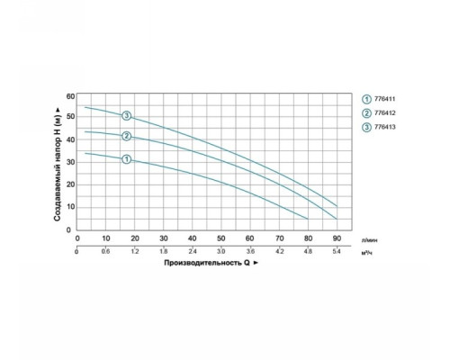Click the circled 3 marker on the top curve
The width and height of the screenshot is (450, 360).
(127, 115)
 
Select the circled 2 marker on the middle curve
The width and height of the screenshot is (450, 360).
(127, 136)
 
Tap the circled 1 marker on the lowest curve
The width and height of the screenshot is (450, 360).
(127, 159)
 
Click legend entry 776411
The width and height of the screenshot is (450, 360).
(379, 99)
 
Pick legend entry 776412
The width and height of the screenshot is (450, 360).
(379, 113)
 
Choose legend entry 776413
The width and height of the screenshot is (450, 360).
(379, 127)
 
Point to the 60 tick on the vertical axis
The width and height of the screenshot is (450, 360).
(70, 96)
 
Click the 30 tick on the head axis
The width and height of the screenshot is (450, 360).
(70, 162)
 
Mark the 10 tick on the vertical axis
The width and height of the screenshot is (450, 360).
(70, 207)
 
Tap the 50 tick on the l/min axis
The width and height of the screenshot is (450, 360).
(220, 238)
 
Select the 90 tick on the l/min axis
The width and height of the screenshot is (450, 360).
(337, 238)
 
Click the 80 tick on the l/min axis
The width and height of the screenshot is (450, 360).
(308, 238)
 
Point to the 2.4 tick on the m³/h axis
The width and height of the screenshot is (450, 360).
(192, 251)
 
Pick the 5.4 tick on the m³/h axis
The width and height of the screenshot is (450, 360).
(337, 251)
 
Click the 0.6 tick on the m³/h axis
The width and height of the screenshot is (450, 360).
(105, 251)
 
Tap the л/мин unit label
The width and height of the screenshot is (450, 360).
(370, 240)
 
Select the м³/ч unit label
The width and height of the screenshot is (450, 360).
(367, 253)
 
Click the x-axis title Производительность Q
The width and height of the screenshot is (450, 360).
(207, 263)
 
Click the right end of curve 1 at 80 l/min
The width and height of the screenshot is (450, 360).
(308, 219)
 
